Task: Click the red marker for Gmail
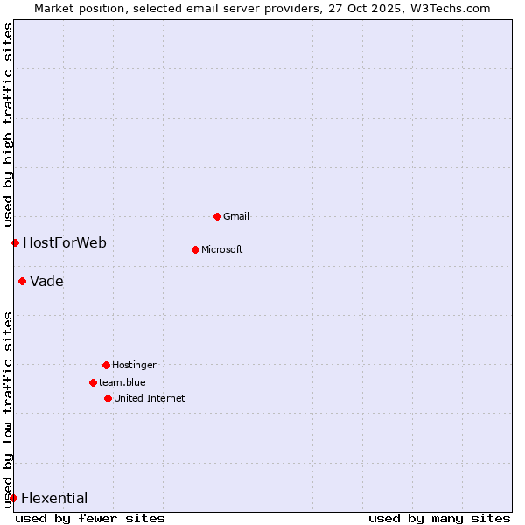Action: (217, 216)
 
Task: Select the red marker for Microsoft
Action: (195, 249)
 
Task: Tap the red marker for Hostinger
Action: (106, 365)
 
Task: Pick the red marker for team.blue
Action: (93, 382)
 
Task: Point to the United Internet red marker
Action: (108, 398)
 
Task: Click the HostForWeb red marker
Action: (15, 242)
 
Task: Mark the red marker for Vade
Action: (22, 281)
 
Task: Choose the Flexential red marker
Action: (13, 498)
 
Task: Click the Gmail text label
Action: (236, 216)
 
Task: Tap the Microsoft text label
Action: (222, 249)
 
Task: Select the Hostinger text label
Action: (134, 365)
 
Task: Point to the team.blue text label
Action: (122, 382)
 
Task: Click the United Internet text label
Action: (150, 398)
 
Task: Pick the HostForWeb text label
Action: (65, 242)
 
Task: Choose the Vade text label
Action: (46, 281)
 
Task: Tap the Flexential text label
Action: (54, 498)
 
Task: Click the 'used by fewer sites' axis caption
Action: (90, 518)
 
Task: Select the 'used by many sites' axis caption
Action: (439, 518)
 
